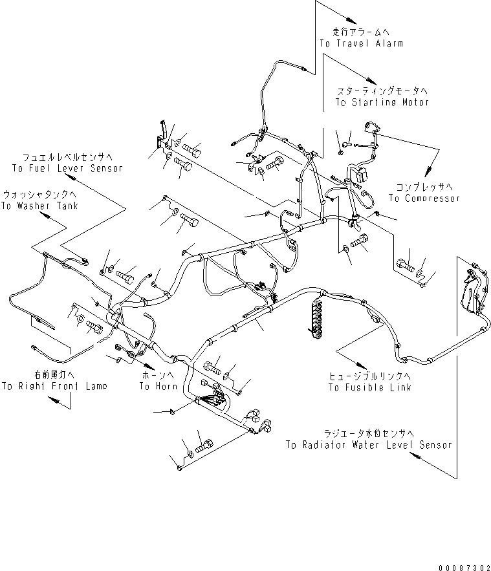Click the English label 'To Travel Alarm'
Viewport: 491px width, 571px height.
[361, 43]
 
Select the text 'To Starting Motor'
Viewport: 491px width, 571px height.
[382, 102]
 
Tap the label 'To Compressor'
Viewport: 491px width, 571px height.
[424, 198]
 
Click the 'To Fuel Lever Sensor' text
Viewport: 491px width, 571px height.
[67, 167]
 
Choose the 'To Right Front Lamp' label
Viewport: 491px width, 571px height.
[54, 386]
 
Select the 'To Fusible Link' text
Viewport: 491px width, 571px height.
[369, 387]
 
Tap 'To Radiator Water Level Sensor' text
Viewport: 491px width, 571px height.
[369, 445]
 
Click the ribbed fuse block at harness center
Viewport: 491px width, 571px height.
[318, 316]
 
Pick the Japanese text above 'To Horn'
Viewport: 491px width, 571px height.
[158, 374]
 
